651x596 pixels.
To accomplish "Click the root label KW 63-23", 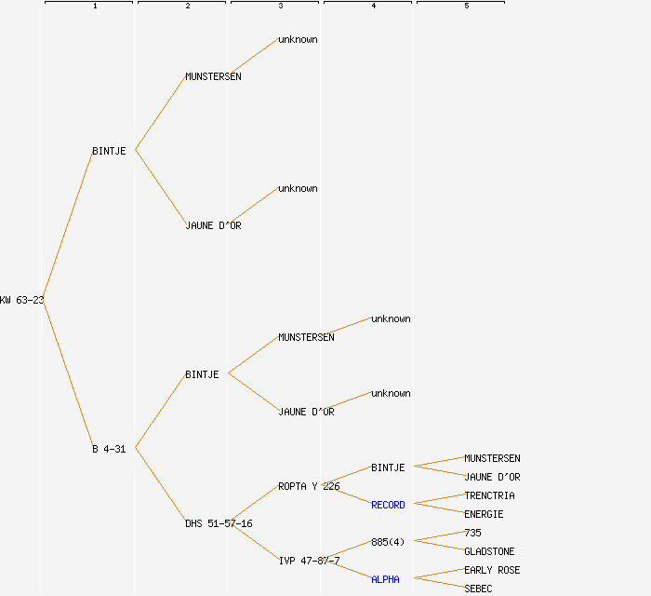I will (22, 300).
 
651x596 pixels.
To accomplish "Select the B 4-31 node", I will (109, 449).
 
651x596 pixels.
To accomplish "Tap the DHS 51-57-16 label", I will (219, 523).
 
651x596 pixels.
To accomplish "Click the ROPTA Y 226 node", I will (309, 486).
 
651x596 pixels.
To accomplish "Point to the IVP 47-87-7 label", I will (309, 561).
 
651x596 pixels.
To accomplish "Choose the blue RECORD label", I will (388, 505).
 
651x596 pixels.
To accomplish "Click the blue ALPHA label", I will (385, 579).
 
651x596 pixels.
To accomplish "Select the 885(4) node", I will (388, 542).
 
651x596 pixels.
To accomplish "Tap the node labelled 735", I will (472, 533).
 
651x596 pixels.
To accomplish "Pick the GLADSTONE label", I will (489, 551).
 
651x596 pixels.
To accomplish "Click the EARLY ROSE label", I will (492, 570).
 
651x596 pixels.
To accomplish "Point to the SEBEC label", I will (478, 589).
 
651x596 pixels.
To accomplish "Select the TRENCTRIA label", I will (489, 495).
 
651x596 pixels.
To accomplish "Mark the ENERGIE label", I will (484, 514).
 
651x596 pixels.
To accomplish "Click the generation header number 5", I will (466, 7).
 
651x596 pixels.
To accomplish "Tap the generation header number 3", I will (280, 7).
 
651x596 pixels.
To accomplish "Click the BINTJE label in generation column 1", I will (109, 151).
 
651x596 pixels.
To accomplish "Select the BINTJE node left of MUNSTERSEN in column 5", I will (388, 467).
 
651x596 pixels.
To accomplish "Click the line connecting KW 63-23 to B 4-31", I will (67, 373).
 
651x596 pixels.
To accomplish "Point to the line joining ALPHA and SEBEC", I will (438, 583).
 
